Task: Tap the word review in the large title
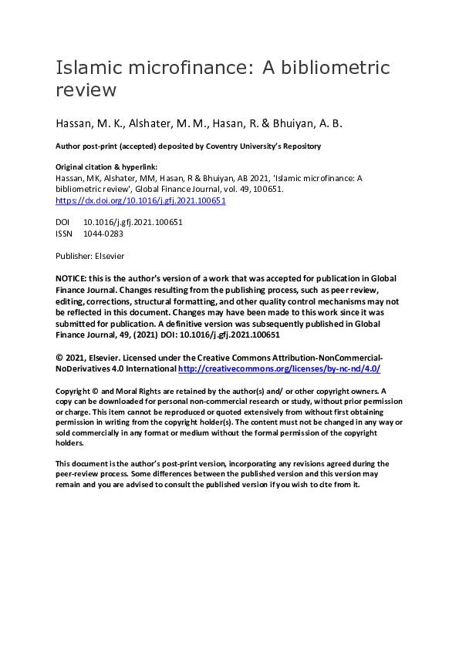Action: (x=86, y=89)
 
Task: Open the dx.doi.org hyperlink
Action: (x=140, y=200)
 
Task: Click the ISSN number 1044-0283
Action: (x=103, y=233)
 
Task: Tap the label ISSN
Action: (x=64, y=233)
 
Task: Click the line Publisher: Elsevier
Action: (x=89, y=255)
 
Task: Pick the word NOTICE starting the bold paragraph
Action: (x=70, y=277)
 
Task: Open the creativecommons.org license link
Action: (x=279, y=369)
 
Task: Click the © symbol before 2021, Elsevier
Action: (x=59, y=358)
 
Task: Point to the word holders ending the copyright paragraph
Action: (x=69, y=442)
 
